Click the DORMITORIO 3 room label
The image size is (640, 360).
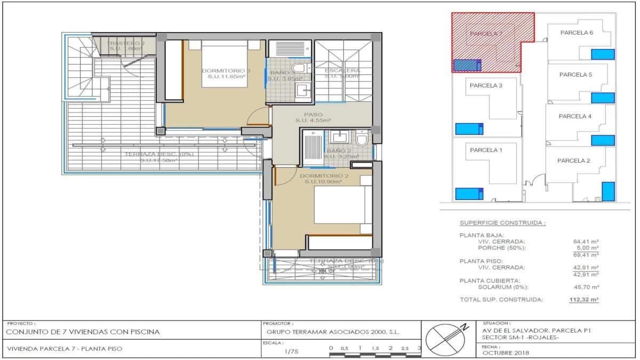[x=226, y=70]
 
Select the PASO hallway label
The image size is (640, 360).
[x=313, y=115]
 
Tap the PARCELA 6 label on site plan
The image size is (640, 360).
[x=577, y=33]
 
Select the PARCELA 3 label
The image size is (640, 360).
[x=485, y=85]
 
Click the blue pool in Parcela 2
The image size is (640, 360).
[x=608, y=191]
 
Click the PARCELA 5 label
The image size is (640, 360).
[x=575, y=75]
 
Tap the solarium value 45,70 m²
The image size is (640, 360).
[x=586, y=287]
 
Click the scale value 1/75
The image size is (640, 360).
[x=291, y=351]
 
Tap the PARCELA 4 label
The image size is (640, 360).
[x=575, y=116]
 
